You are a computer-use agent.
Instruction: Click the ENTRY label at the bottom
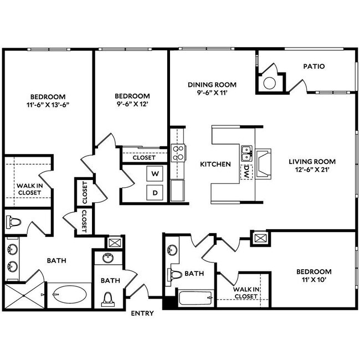(142, 313)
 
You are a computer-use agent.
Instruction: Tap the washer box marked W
(156, 174)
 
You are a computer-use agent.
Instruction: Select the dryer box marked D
(156, 192)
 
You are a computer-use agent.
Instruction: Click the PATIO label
(313, 66)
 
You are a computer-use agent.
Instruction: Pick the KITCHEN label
(215, 164)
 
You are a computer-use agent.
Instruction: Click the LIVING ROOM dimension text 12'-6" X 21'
(312, 171)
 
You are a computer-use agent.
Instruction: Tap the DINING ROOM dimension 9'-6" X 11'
(212, 94)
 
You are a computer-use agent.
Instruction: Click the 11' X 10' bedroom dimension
(313, 280)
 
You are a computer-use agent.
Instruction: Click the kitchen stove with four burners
(178, 152)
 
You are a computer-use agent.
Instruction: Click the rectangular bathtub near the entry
(196, 299)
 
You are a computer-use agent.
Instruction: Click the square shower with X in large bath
(24, 295)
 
